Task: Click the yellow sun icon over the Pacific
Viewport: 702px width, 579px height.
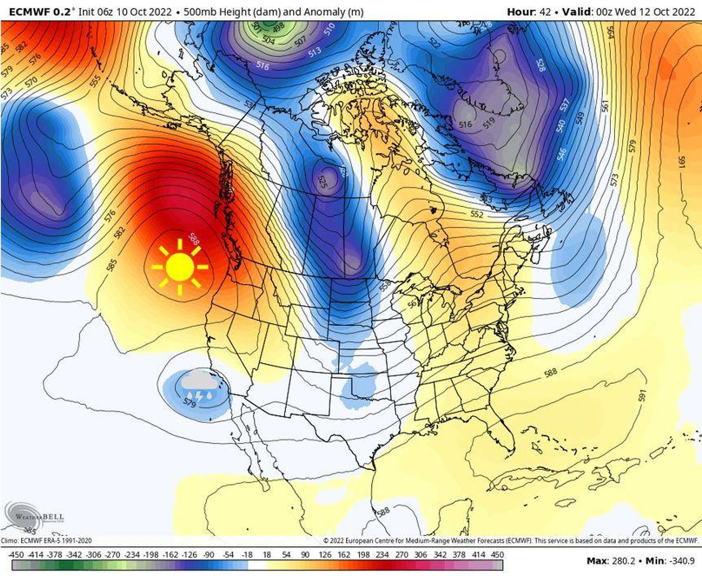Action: coord(180,267)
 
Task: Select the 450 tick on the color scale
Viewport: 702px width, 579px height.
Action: coord(497,555)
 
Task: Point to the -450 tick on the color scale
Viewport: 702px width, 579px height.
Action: coord(16,555)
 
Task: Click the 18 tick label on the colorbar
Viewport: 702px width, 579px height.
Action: coord(267,555)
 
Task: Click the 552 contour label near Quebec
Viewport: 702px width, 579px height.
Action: coord(476,214)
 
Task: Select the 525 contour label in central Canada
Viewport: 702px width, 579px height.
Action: coord(322,182)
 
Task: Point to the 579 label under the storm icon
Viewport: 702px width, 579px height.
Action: coord(189,403)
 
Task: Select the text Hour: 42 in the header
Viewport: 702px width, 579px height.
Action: coord(529,12)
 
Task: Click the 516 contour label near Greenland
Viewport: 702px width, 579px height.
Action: coord(465,124)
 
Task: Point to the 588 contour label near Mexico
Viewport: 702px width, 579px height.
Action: coord(383,511)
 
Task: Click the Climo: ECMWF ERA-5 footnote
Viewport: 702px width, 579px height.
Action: coord(46,541)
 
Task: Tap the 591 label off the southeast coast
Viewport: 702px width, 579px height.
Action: coord(642,396)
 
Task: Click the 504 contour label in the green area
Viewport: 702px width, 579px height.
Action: coord(269,40)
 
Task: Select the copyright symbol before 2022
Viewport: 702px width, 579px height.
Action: coord(326,541)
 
